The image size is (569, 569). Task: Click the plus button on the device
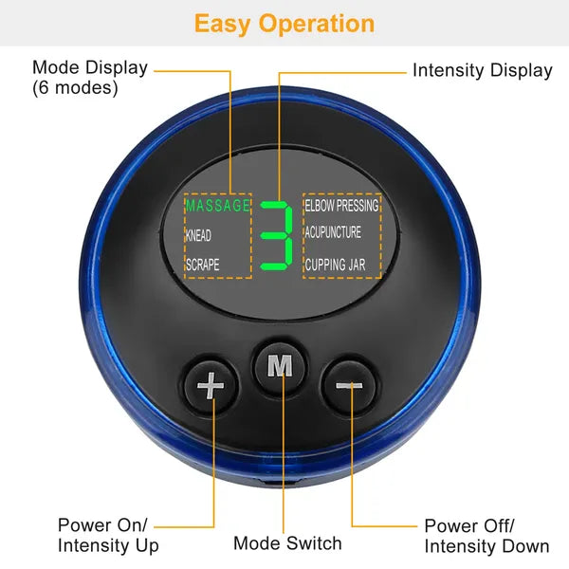click(x=210, y=386)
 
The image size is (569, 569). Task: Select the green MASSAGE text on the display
click(x=217, y=205)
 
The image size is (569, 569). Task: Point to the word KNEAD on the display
click(x=198, y=235)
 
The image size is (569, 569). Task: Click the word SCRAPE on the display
click(x=202, y=266)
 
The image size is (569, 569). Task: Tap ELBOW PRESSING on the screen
click(x=341, y=205)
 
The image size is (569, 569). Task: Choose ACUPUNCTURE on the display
click(x=333, y=233)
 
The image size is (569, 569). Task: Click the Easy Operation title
click(x=284, y=24)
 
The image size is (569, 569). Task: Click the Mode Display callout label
click(x=90, y=68)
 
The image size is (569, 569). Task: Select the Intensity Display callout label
click(x=482, y=70)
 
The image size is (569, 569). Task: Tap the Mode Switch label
click(x=287, y=543)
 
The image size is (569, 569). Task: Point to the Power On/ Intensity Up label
click(x=108, y=536)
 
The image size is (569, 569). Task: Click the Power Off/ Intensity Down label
click(x=486, y=536)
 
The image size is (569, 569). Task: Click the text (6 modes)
click(x=75, y=88)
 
